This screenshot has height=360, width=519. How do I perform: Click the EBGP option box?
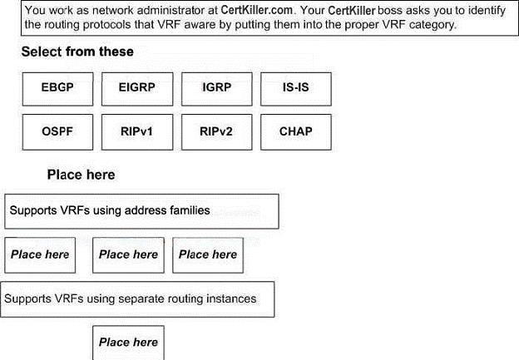click(57, 89)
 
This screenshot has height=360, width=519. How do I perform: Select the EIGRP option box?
click(137, 89)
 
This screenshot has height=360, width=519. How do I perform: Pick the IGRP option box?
click(217, 89)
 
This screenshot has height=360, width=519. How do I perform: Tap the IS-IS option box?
click(296, 89)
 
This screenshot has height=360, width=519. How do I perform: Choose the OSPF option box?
click(57, 132)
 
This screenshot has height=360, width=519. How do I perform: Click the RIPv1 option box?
click(137, 132)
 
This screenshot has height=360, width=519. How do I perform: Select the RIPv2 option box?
click(217, 132)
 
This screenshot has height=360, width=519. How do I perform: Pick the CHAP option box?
click(296, 132)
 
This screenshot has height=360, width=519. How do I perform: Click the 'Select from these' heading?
click(77, 52)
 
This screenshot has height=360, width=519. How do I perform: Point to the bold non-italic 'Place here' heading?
click(82, 175)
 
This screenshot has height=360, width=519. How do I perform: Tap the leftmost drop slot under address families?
click(40, 255)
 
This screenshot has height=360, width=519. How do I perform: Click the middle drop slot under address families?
click(128, 255)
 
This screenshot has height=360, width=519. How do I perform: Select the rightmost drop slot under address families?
click(208, 255)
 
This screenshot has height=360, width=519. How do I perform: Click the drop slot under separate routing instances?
click(128, 343)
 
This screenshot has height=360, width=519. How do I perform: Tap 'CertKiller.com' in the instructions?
click(256, 10)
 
